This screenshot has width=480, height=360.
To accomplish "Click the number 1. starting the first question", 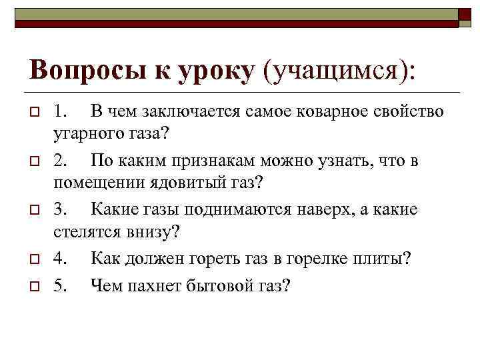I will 59,112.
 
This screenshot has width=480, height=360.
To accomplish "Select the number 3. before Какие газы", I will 59,209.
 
